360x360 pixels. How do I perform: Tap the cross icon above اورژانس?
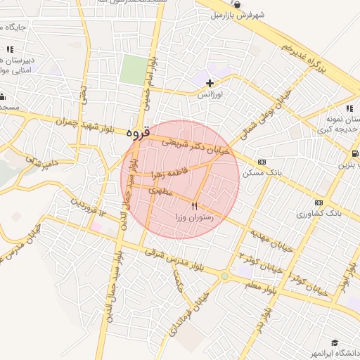[210, 83]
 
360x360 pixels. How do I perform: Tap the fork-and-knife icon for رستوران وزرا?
[195, 206]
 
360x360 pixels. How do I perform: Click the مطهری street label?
[162, 192]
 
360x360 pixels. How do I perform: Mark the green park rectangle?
[131, 69]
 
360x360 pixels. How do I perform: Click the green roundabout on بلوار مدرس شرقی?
[224, 276]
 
